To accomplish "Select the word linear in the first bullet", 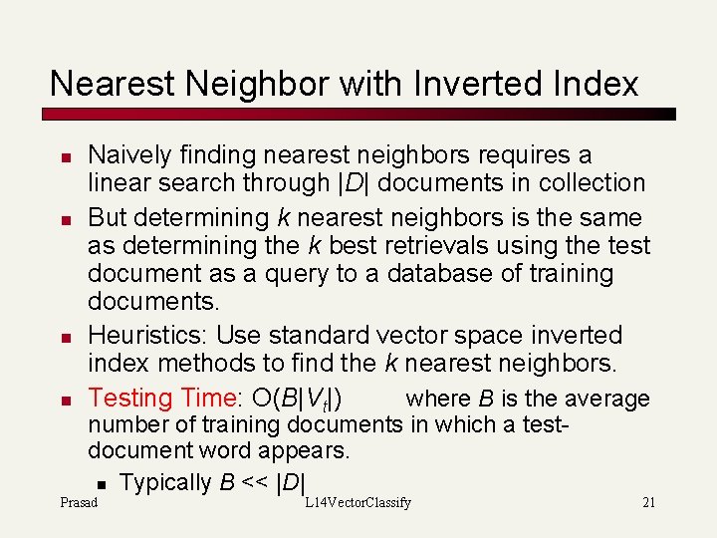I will tap(117, 183).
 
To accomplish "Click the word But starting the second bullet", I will tap(108, 217).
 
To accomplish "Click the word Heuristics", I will tap(147, 335).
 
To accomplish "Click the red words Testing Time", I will tap(160, 399).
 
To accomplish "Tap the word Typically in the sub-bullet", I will tap(165, 482).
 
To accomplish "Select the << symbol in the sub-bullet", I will tap(256, 483).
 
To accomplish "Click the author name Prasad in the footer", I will tap(79, 503).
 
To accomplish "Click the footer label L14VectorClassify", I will tap(358, 503).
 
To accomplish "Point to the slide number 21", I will tap(648, 503).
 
